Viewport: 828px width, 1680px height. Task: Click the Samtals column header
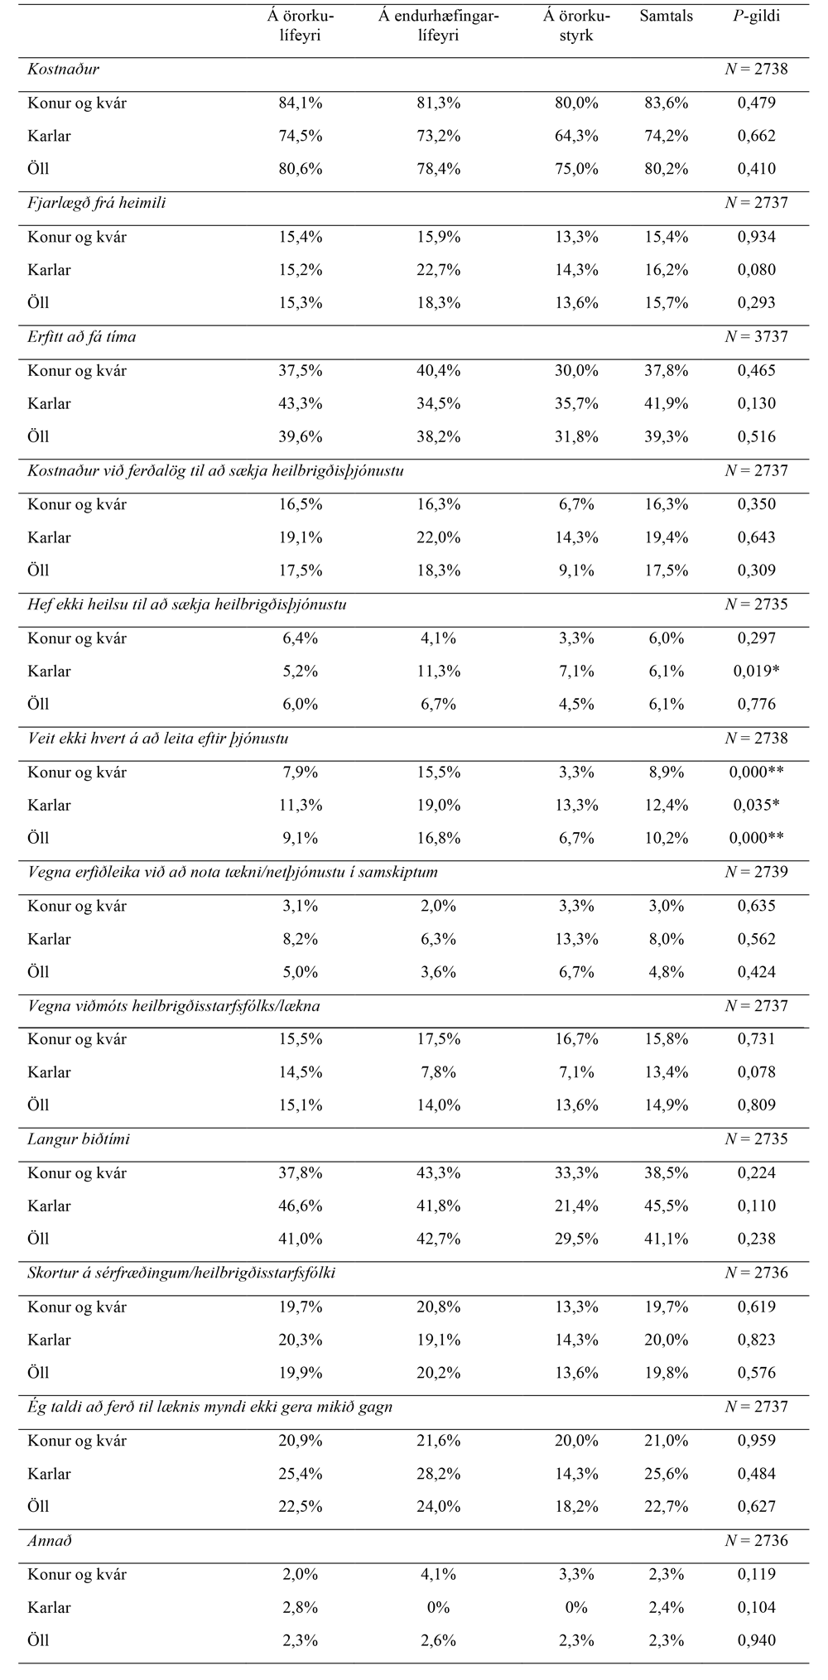pos(666,17)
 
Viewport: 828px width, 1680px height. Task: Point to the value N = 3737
pos(756,337)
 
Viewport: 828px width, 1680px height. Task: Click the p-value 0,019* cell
pos(757,672)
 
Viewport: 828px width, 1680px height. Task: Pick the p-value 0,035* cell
pos(757,806)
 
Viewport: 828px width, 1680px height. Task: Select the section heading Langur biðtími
pos(79,1139)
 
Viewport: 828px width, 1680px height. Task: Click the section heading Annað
pos(50,1541)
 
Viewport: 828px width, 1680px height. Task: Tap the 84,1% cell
pos(300,103)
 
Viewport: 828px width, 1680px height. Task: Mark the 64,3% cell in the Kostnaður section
pos(576,136)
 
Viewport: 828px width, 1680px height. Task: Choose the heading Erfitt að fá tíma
pos(82,337)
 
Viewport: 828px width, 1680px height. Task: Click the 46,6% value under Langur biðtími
pos(300,1206)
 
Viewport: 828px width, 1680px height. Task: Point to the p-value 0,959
pos(756,1441)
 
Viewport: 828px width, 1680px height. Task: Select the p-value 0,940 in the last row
pos(756,1640)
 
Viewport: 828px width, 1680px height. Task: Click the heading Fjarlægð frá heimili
pos(97,203)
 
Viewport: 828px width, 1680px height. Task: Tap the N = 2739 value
pos(756,872)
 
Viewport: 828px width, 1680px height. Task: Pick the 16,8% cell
pos(438,839)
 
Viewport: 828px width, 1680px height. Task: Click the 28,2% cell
pos(438,1474)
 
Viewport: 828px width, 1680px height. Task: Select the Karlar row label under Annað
pos(49,1607)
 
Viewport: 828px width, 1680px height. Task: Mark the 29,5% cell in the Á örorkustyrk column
pos(576,1240)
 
